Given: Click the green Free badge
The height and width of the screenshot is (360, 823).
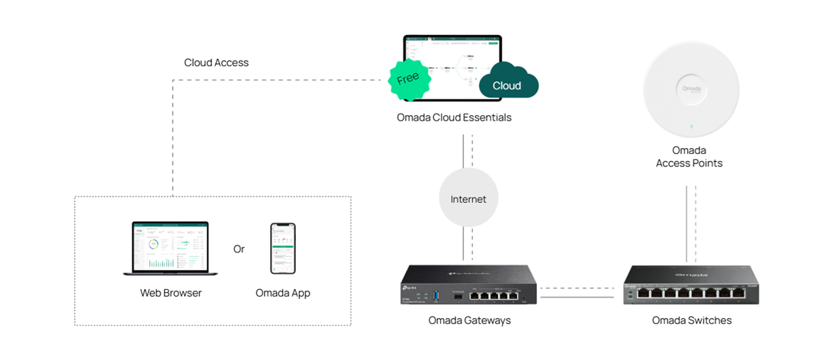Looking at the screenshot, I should click(x=408, y=78).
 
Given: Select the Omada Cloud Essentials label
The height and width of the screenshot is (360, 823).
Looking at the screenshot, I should click(x=454, y=117).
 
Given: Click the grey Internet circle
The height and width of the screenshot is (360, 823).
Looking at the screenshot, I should click(x=468, y=199).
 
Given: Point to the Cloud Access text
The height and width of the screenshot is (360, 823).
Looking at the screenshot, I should click(x=216, y=63).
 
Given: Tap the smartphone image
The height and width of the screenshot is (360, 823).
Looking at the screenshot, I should click(x=283, y=248).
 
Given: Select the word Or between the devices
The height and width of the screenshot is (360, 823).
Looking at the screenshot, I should click(x=239, y=249).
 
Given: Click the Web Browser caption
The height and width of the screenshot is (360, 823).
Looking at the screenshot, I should click(x=171, y=293).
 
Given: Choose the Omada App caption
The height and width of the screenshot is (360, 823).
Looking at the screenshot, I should click(x=283, y=293).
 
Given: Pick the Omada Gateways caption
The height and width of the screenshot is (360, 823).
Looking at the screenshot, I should click(x=469, y=320).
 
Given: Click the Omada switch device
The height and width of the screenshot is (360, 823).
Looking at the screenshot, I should click(x=691, y=284).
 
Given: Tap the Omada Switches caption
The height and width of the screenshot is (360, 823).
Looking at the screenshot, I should click(x=691, y=320).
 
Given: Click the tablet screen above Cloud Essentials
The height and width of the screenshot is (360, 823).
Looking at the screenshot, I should click(x=453, y=65).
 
